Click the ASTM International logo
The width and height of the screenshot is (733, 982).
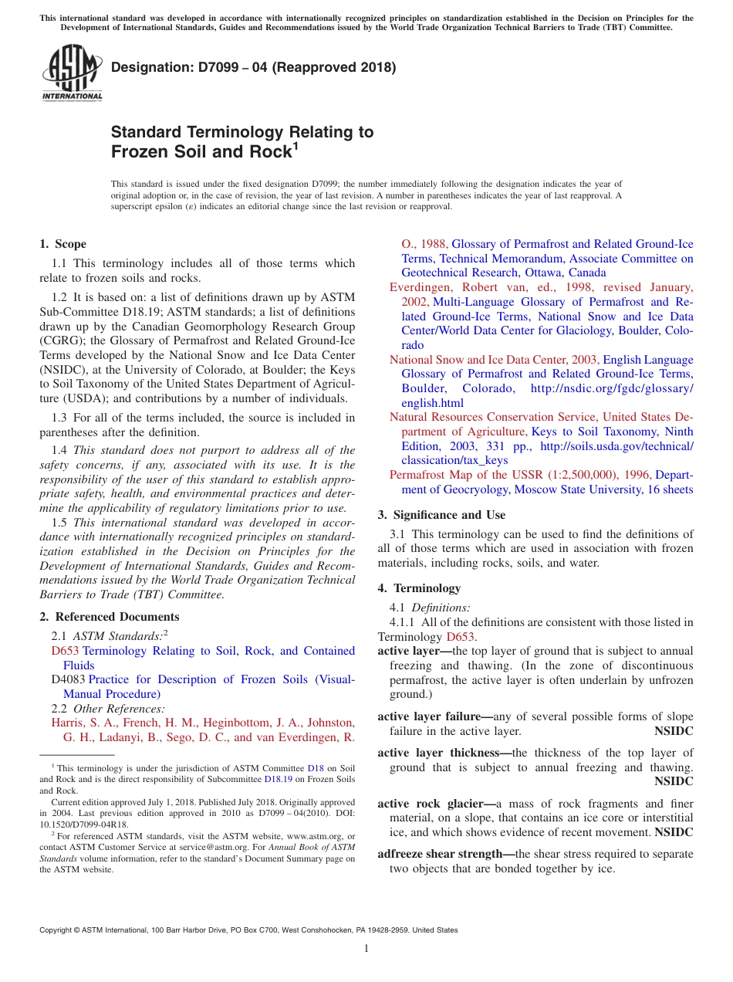point(72,73)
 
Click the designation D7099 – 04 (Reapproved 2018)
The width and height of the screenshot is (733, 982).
point(253,67)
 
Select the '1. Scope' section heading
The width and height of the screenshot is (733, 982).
point(62,244)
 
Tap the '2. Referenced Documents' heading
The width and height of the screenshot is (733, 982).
point(109,616)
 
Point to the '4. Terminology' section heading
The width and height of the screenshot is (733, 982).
point(419,588)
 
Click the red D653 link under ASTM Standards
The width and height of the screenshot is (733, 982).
point(65,651)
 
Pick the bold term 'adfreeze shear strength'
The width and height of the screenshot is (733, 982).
point(445,854)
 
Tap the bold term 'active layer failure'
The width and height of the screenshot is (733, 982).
point(434,716)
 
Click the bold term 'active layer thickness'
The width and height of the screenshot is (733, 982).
point(443,753)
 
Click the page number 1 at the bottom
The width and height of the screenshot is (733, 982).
point(366,949)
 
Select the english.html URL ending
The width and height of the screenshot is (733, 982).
point(432,403)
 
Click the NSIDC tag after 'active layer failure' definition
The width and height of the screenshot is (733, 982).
point(674,731)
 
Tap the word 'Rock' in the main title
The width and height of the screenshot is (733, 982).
point(265,151)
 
